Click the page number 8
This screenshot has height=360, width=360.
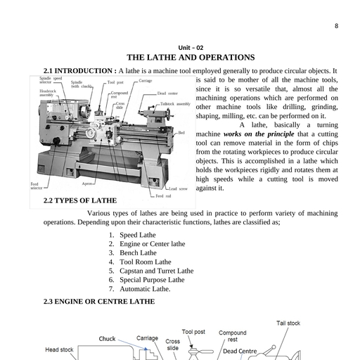(x=336, y=26)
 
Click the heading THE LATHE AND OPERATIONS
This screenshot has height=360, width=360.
(x=190, y=57)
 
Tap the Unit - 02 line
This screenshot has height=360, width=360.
(x=190, y=46)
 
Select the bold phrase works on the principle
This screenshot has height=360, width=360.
(x=252, y=134)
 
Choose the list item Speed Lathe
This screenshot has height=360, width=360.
(x=138, y=235)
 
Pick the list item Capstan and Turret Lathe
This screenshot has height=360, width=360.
(x=156, y=270)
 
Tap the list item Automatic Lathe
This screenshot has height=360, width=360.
(x=145, y=288)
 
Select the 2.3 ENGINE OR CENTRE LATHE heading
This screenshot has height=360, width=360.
(x=99, y=301)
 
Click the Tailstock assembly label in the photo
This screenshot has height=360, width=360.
(x=176, y=103)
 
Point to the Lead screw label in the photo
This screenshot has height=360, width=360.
(x=178, y=188)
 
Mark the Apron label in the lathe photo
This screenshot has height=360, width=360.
(x=88, y=183)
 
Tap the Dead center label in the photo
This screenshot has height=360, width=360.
(x=167, y=92)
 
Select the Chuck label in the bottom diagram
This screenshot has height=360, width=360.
(x=107, y=339)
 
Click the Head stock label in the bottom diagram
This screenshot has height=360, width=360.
(x=60, y=349)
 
